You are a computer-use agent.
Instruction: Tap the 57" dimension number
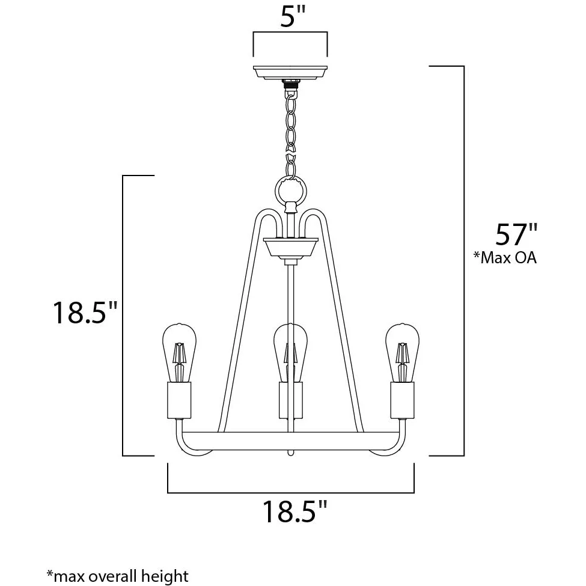(516, 234)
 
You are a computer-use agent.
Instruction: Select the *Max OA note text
(505, 257)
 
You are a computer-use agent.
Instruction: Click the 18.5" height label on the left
(85, 313)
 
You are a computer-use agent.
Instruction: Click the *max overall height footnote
(117, 575)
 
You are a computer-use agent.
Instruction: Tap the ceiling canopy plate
(290, 73)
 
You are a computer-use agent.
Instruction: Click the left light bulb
(179, 353)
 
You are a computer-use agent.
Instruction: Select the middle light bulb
(290, 353)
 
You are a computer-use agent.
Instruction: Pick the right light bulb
(402, 353)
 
